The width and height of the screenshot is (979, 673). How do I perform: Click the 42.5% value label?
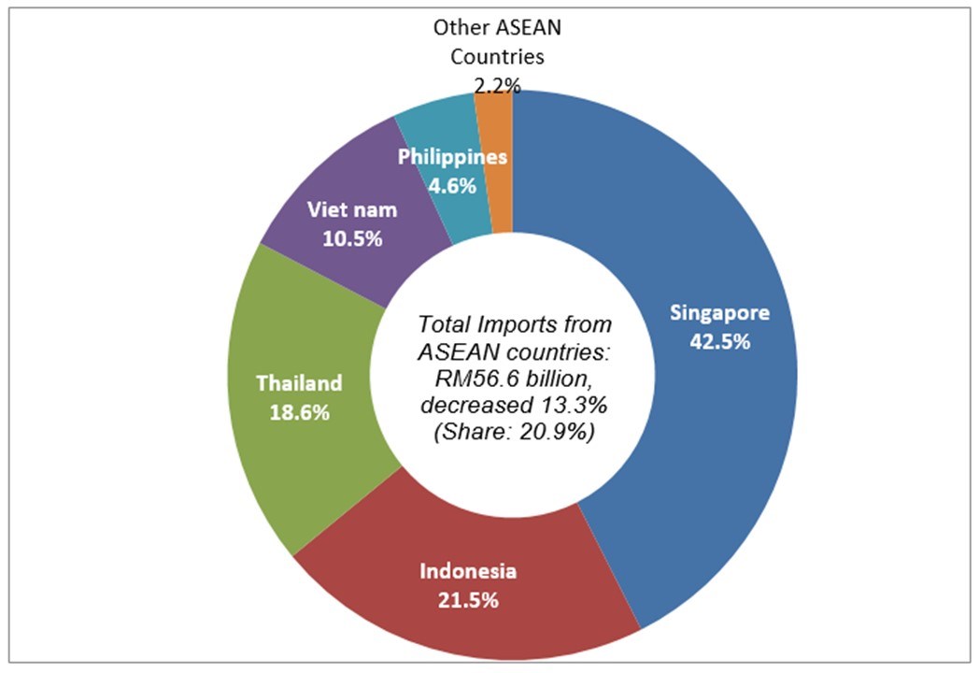coord(719,341)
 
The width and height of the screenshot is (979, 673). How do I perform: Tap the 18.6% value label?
coord(299,412)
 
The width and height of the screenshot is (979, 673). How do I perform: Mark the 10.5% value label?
coord(352,238)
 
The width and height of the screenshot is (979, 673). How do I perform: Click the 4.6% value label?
coord(452,185)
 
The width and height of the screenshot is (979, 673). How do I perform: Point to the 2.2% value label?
coord(497,86)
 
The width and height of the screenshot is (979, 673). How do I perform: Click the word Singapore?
coord(718,313)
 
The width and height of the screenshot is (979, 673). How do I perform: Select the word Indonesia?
coord(468,571)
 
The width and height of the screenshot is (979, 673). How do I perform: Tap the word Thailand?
coord(299,383)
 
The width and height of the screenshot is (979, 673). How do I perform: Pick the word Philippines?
coord(453,157)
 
